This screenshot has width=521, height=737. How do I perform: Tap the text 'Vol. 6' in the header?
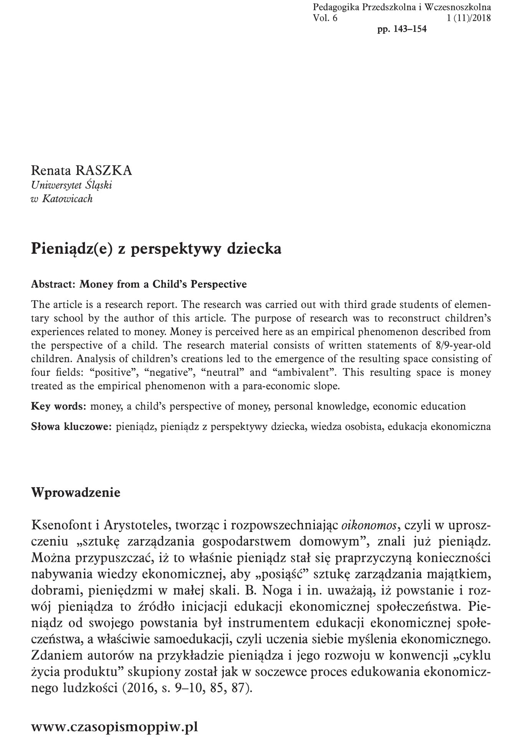(325, 18)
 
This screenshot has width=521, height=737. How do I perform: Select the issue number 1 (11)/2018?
(469, 18)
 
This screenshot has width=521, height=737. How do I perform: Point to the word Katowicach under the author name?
(67, 198)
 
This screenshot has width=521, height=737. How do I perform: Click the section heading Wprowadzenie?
(76, 492)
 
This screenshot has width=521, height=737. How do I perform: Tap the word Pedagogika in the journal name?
(332, 7)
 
